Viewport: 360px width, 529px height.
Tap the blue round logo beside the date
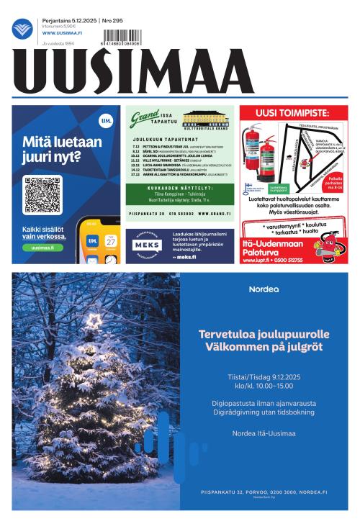pos(22,28)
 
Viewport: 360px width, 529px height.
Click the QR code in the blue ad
pos(42,194)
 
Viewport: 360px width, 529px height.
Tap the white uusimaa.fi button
pos(42,248)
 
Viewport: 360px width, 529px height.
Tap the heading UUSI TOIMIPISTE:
pos(292,113)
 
